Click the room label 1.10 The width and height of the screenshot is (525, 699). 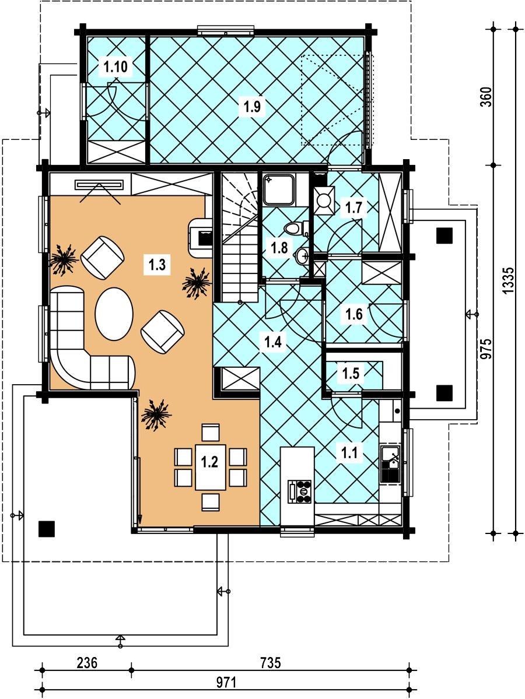point(116,67)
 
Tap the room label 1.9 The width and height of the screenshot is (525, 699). point(252,107)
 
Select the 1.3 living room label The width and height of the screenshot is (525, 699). point(157,265)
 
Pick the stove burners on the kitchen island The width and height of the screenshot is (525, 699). point(300,491)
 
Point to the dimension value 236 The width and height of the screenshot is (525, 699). point(87,663)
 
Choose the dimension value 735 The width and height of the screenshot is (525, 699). point(270,663)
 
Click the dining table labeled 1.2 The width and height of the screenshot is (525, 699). point(209,465)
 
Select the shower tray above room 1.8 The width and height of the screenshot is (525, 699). point(279,189)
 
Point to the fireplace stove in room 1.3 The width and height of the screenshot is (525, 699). point(201,237)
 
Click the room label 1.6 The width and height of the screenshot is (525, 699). point(355,315)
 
